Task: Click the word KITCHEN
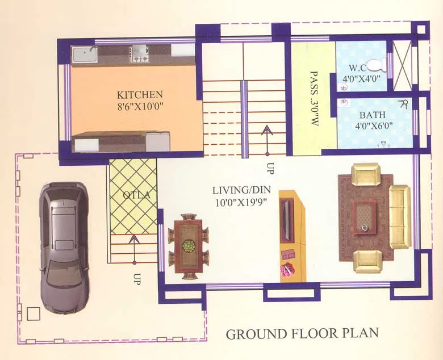click(x=140, y=95)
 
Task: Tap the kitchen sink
click(x=85, y=53)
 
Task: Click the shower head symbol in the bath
click(x=404, y=104)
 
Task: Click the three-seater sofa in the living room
click(x=399, y=216)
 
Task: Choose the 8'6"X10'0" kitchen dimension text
click(x=140, y=106)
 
